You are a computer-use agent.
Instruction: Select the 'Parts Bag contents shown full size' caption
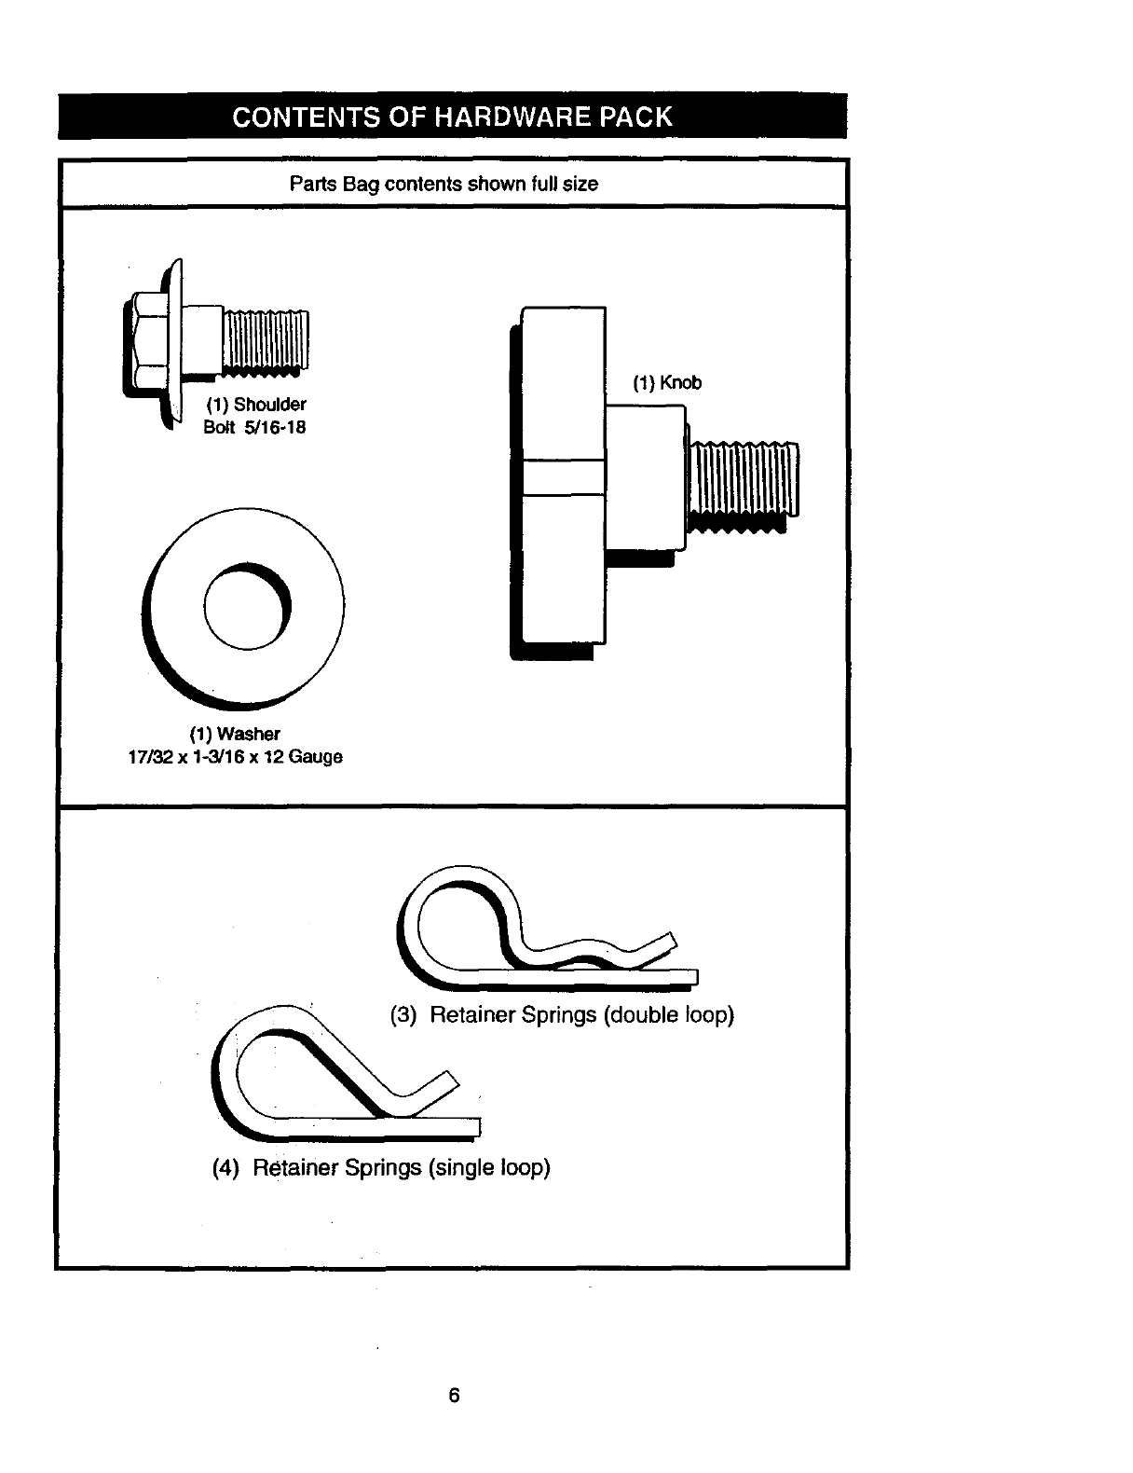[x=444, y=184]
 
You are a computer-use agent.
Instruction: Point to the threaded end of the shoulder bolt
[x=265, y=342]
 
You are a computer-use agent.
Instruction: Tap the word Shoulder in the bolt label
[x=269, y=405]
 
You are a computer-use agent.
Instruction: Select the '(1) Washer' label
[x=235, y=734]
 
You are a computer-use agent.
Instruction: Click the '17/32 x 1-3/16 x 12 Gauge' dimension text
[x=235, y=757]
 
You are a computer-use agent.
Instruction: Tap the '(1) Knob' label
[x=667, y=383]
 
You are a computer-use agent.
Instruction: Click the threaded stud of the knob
[x=742, y=480]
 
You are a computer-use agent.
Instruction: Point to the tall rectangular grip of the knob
[x=562, y=475]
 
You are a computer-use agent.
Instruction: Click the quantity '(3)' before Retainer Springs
[x=403, y=1014]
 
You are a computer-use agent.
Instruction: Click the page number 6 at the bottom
[x=454, y=1396]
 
